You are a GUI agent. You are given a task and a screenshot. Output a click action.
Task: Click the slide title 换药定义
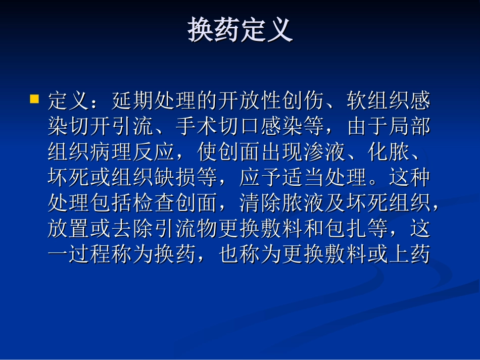click(x=240, y=31)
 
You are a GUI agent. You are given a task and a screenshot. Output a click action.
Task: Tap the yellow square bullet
click(x=35, y=98)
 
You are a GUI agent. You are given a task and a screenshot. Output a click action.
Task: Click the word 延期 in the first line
click(x=132, y=101)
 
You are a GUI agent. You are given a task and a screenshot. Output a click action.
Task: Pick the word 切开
click(x=79, y=127)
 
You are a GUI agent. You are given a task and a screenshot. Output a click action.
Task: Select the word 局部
click(x=409, y=127)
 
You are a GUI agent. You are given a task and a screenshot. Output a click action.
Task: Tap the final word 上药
click(x=409, y=255)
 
